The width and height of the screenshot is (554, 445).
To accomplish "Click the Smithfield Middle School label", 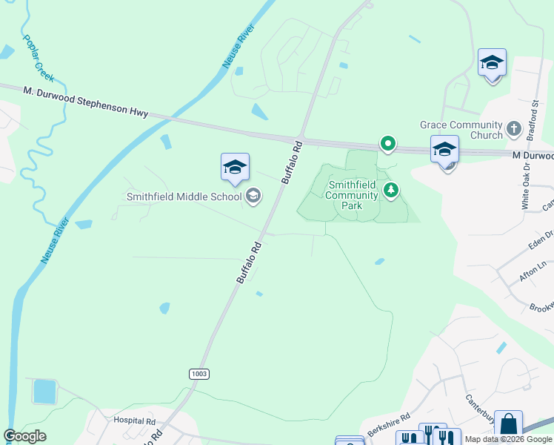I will click(184, 197).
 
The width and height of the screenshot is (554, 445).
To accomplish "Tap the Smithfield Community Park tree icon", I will click(391, 191).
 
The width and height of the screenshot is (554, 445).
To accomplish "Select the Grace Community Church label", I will click(461, 131).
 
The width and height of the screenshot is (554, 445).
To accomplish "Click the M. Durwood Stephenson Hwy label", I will click(85, 102).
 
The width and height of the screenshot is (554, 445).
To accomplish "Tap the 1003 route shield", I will click(198, 374).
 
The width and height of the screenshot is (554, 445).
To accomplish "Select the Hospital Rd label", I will click(133, 420).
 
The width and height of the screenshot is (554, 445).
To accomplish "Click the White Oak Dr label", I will click(526, 188).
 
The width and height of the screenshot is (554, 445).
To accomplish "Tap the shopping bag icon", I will click(508, 425).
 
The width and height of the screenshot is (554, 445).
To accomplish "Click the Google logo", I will click(24, 436).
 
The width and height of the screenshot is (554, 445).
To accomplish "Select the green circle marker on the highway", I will click(387, 144).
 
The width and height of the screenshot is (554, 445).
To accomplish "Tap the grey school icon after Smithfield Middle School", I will click(253, 196).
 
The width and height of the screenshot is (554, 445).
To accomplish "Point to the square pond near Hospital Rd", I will click(44, 391).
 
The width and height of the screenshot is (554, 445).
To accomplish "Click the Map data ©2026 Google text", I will click(507, 439).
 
